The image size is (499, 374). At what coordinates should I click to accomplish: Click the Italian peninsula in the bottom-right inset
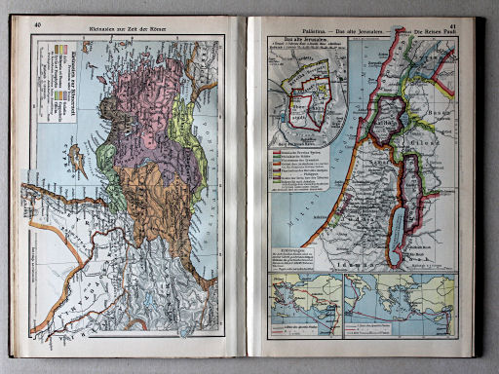pyautogui.click(x=390, y=297)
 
